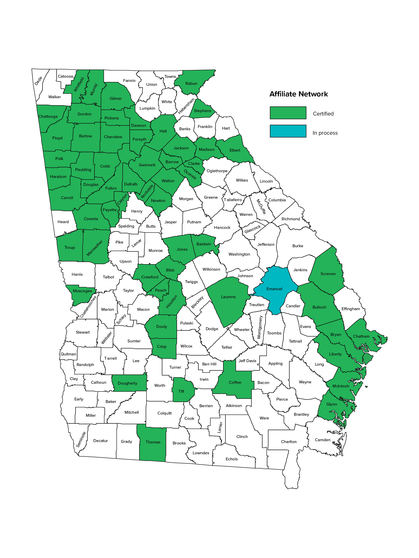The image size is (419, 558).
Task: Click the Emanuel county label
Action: [x=274, y=289]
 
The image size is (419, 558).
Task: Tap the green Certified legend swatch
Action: [x=288, y=113]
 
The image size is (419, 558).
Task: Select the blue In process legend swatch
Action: [x=288, y=131]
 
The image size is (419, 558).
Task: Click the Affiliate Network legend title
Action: [x=298, y=94]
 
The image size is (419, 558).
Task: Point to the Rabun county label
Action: [x=191, y=84]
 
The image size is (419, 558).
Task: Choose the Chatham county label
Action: [x=361, y=336]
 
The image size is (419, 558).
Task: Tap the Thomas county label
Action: [x=153, y=442]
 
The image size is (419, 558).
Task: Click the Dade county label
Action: [x=38, y=81]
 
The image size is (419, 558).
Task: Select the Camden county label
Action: [x=323, y=440]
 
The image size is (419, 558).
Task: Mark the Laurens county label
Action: [x=228, y=297]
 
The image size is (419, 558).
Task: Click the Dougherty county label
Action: [x=127, y=383]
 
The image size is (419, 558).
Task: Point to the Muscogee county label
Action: [x=82, y=291]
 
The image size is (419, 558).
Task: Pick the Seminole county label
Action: [x=81, y=439]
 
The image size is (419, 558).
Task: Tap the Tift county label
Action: [x=181, y=391]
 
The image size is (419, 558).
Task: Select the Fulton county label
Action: [x=111, y=188]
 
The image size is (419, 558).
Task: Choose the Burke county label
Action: [x=297, y=246]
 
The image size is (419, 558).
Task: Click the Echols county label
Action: [x=232, y=459]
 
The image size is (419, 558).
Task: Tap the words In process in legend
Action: [x=325, y=133]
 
